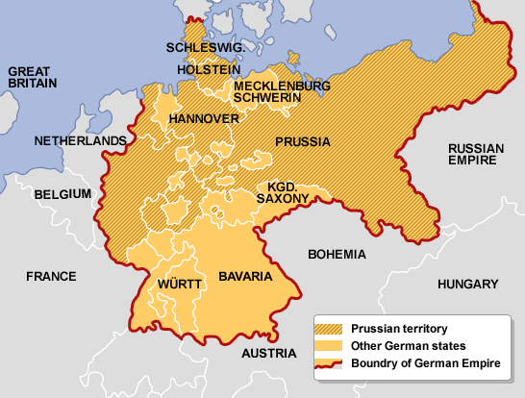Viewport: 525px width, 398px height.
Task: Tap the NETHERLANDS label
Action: pyautogui.click(x=80, y=141)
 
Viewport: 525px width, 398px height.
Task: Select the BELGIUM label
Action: pyautogui.click(x=62, y=194)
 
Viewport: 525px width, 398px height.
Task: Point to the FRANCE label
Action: pyautogui.click(x=51, y=276)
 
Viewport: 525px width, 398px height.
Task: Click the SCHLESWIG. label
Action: pyautogui.click(x=204, y=47)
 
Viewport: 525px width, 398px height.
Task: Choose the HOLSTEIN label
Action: pyautogui.click(x=209, y=70)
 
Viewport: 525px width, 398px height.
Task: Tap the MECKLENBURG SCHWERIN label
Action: pyautogui.click(x=282, y=92)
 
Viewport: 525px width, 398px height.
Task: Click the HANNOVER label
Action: pyautogui.click(x=204, y=118)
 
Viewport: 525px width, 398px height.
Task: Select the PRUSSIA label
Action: pyautogui.click(x=303, y=141)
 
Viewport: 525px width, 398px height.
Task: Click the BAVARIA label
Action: pyautogui.click(x=245, y=276)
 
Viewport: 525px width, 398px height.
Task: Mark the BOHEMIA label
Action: pyautogui.click(x=337, y=255)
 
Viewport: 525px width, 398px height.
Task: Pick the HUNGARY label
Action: pyautogui.click(x=468, y=285)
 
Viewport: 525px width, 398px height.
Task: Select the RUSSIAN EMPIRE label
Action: pyautogui.click(x=476, y=155)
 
